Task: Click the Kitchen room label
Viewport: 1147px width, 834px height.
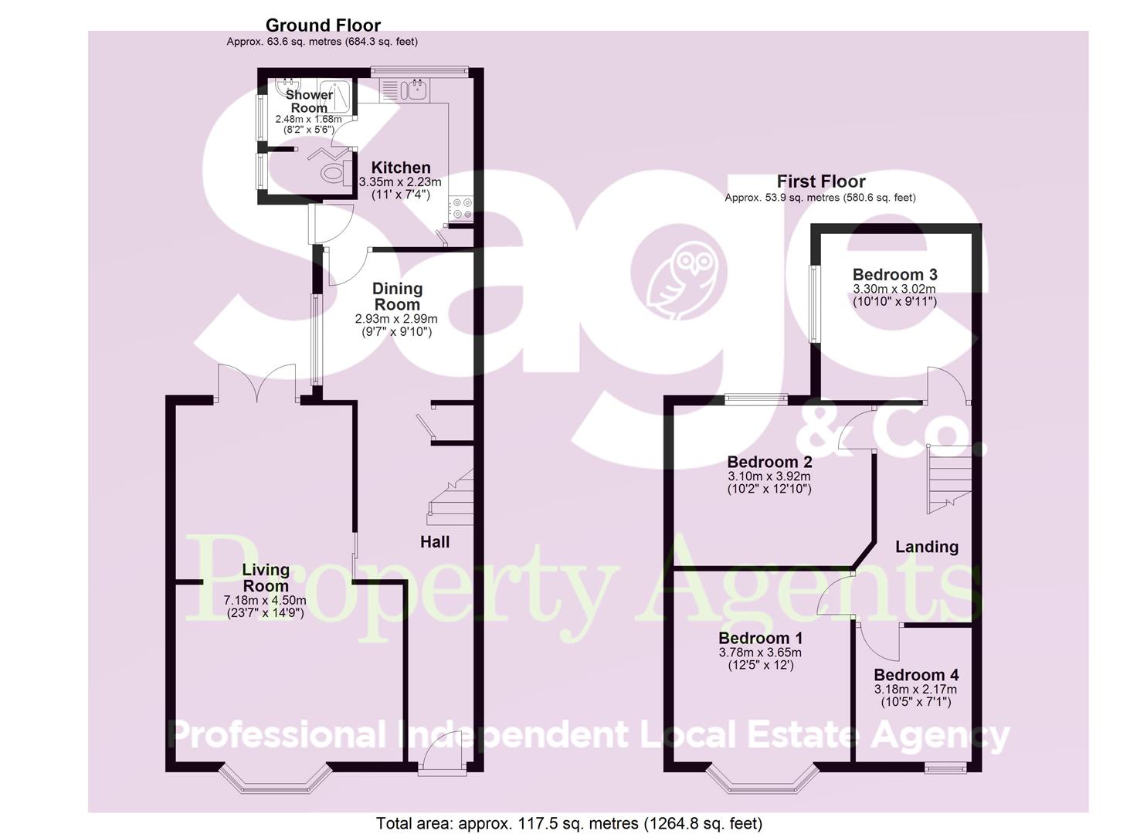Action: tap(400, 168)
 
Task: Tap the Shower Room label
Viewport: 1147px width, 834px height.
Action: tap(309, 101)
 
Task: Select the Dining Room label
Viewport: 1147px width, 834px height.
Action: tap(397, 296)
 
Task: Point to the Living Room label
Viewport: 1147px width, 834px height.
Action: tap(266, 578)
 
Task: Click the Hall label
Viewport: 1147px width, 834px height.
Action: tap(435, 542)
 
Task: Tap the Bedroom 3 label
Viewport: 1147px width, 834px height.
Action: tap(894, 275)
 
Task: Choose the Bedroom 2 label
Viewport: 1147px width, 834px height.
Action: tap(769, 462)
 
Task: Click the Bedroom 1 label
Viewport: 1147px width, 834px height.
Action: tap(760, 639)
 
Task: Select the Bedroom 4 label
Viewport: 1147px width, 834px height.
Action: tap(915, 675)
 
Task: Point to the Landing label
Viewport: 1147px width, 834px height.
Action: tap(927, 547)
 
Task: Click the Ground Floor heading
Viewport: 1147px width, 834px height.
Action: tap(323, 25)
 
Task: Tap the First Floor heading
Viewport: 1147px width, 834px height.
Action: tap(820, 181)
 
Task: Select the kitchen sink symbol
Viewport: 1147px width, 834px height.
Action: tap(412, 90)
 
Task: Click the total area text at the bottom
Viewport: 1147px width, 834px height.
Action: tap(569, 823)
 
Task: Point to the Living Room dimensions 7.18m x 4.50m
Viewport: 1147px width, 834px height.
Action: tap(265, 600)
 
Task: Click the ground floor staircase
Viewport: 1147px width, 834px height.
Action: tap(451, 499)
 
